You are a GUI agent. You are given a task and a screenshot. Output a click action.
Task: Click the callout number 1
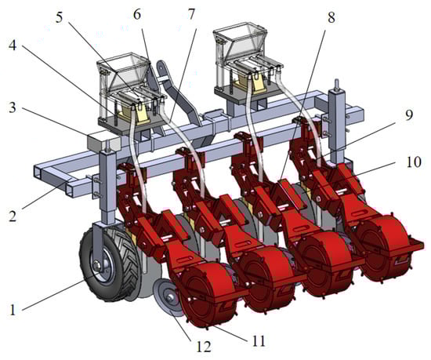[13, 310]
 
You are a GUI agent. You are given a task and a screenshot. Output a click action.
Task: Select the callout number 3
[13, 107]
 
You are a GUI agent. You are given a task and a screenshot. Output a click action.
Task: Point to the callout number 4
[13, 45]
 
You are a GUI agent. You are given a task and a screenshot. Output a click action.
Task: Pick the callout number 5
[60, 17]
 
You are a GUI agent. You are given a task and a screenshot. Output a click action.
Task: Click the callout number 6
[137, 14]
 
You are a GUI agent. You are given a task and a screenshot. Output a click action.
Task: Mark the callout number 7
[190, 14]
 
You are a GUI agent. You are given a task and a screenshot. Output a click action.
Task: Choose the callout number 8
[331, 17]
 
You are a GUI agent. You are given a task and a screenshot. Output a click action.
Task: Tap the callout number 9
[409, 115]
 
